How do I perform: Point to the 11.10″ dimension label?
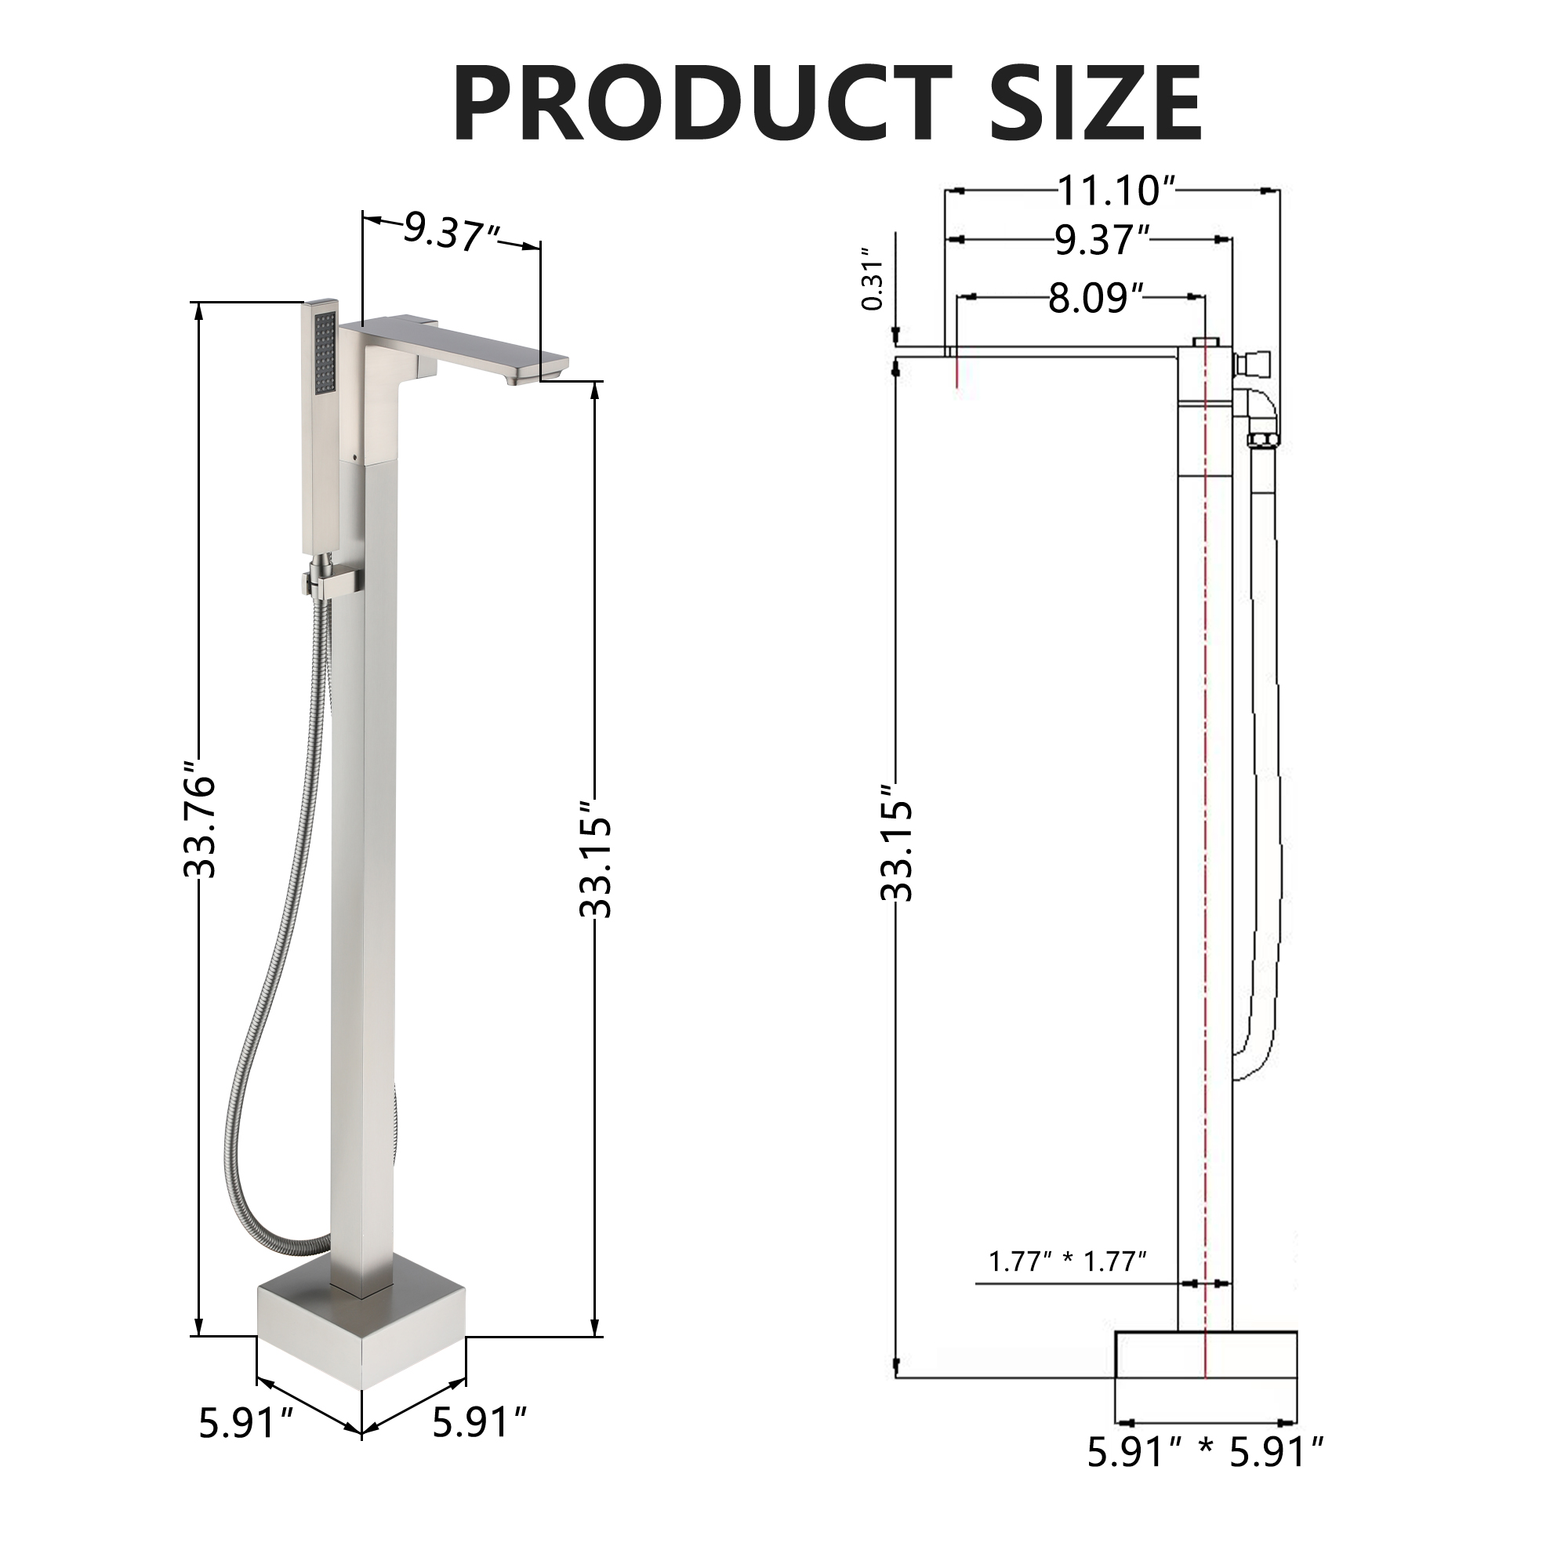point(1115,191)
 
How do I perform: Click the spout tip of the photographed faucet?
point(535,370)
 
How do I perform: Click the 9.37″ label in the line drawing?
point(1102,240)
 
